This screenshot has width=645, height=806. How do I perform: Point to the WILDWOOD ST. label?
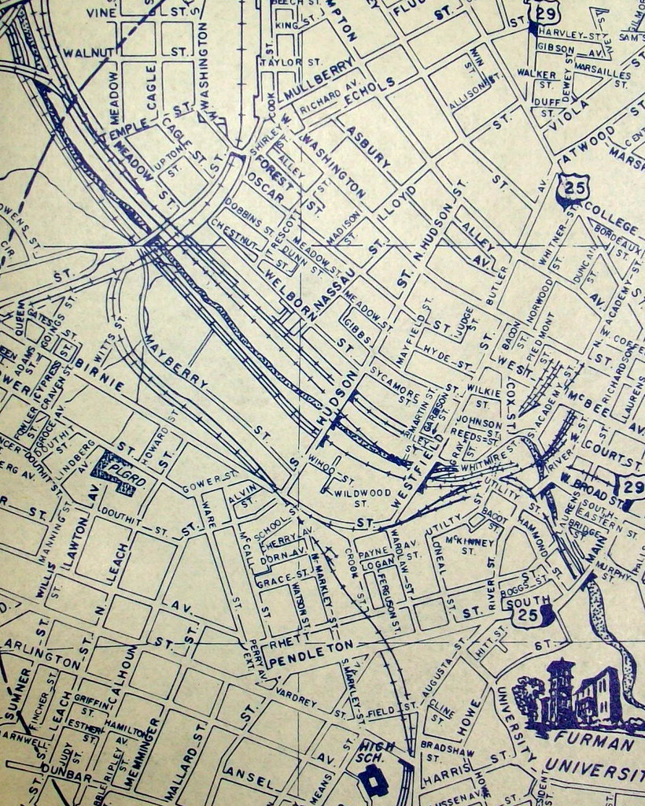click(351, 496)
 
